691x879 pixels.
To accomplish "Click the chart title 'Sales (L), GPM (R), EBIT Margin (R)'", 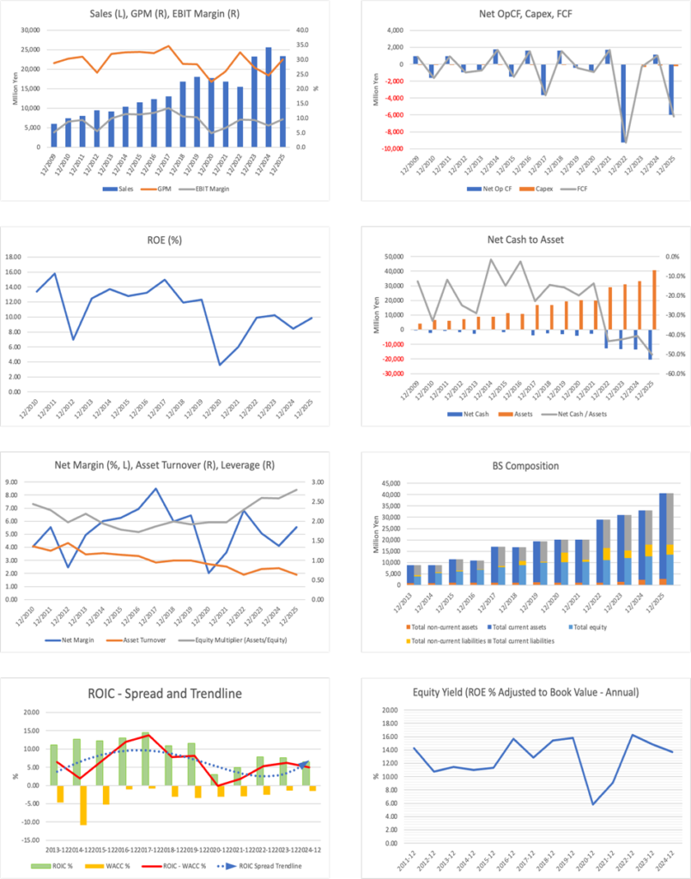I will pyautogui.click(x=171, y=15).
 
